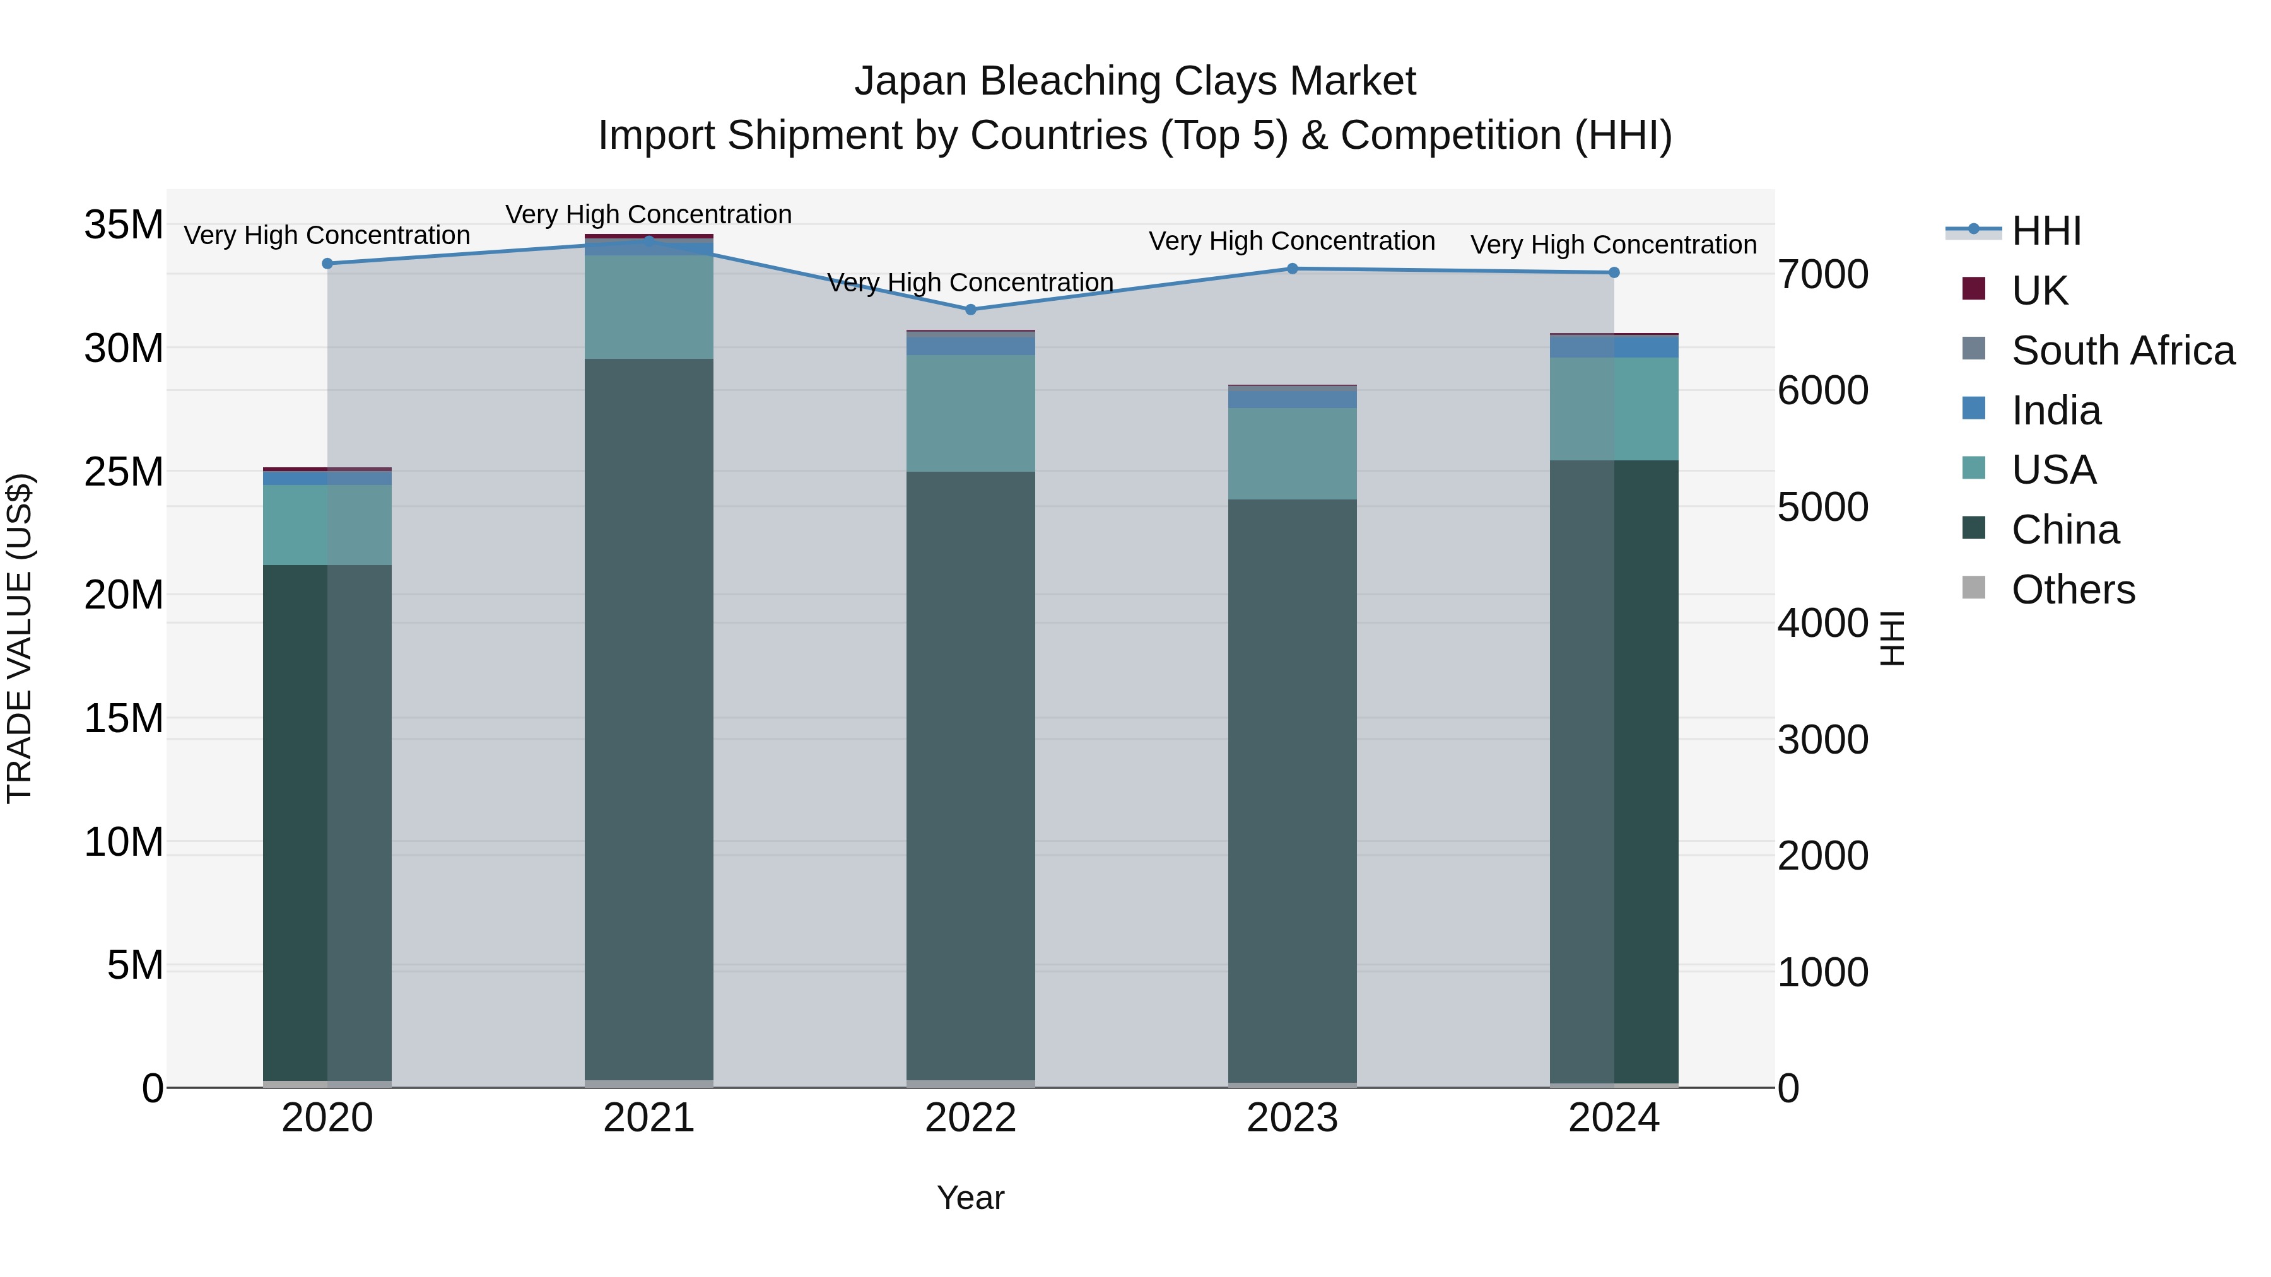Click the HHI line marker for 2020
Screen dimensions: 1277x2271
327,264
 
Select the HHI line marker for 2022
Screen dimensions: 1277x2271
971,310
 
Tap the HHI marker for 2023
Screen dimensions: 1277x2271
1293,269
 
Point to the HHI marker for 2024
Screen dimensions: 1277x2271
1614,273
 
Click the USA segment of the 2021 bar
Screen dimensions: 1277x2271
649,306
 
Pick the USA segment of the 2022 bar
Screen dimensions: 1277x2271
971,412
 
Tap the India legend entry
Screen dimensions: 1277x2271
2056,411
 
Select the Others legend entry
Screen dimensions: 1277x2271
2073,590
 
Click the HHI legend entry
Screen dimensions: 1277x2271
2046,231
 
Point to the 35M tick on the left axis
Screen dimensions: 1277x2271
124,224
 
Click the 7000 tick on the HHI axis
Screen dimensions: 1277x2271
1822,274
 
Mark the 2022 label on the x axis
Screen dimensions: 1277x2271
971,1118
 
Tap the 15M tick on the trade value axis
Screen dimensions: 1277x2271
124,718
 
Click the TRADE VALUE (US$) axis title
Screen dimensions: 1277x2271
20,638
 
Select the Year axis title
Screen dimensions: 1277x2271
971,1198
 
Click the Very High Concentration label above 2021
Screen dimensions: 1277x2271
649,214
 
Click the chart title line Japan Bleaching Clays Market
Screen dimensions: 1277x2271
1135,81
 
